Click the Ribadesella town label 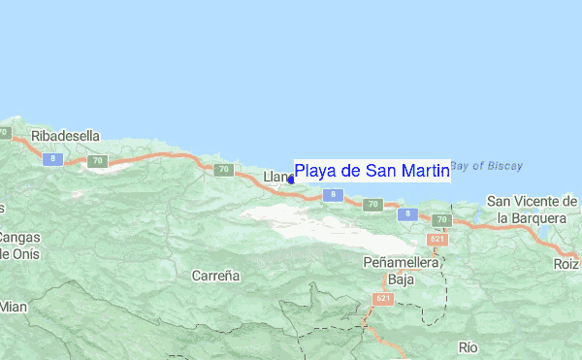tap(66, 136)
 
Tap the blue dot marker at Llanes tap(291, 179)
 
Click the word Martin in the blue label tap(425, 172)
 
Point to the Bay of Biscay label tap(486, 166)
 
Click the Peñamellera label tap(401, 262)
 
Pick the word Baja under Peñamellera tap(401, 279)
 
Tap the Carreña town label tap(215, 276)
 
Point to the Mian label tap(14, 307)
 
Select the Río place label tap(469, 346)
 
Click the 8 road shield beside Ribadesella tap(54, 157)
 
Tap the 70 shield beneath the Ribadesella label tap(96, 161)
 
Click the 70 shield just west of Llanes tap(224, 170)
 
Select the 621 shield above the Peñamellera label tap(436, 240)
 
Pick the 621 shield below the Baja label tap(384, 299)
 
